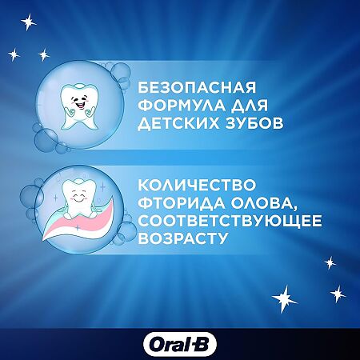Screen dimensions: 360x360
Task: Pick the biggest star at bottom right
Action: coord(285,298)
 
